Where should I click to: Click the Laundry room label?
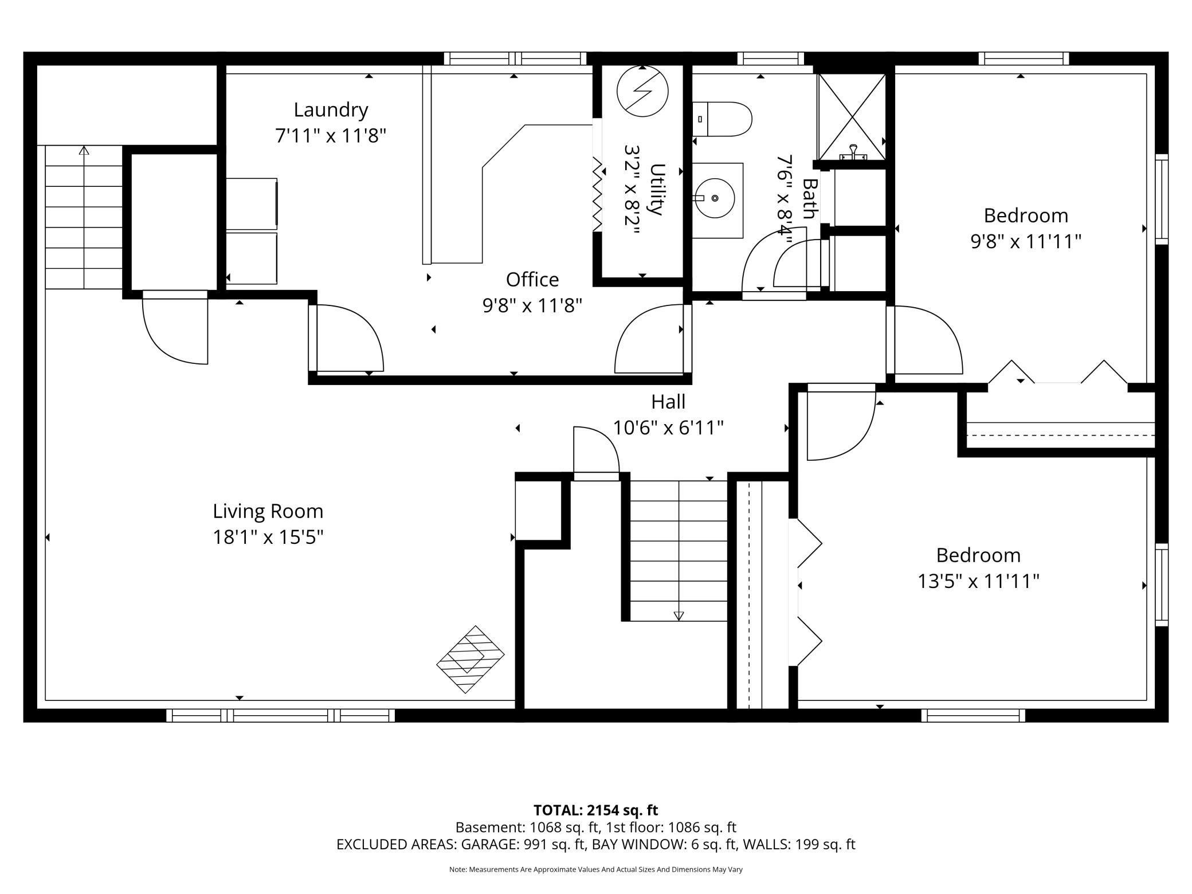pyautogui.click(x=331, y=110)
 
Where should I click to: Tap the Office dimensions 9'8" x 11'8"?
pyautogui.click(x=532, y=306)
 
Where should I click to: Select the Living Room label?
pyautogui.click(x=268, y=511)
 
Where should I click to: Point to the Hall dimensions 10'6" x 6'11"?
pyautogui.click(x=668, y=428)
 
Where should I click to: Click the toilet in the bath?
pyautogui.click(x=722, y=119)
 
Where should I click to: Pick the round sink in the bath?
pyautogui.click(x=715, y=198)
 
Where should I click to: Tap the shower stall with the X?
pyautogui.click(x=852, y=117)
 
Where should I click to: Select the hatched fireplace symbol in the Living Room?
pyautogui.click(x=470, y=659)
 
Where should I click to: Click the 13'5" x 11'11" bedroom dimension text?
pyautogui.click(x=978, y=582)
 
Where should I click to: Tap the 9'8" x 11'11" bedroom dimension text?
pyautogui.click(x=1025, y=242)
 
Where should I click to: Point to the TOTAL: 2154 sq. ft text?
pyautogui.click(x=595, y=810)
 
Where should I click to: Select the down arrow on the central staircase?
pyautogui.click(x=679, y=616)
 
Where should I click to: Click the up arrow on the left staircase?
pyautogui.click(x=84, y=151)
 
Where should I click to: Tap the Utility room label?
pyautogui.click(x=657, y=190)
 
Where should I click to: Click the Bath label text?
pyautogui.click(x=809, y=199)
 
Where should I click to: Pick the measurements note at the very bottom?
pyautogui.click(x=595, y=869)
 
